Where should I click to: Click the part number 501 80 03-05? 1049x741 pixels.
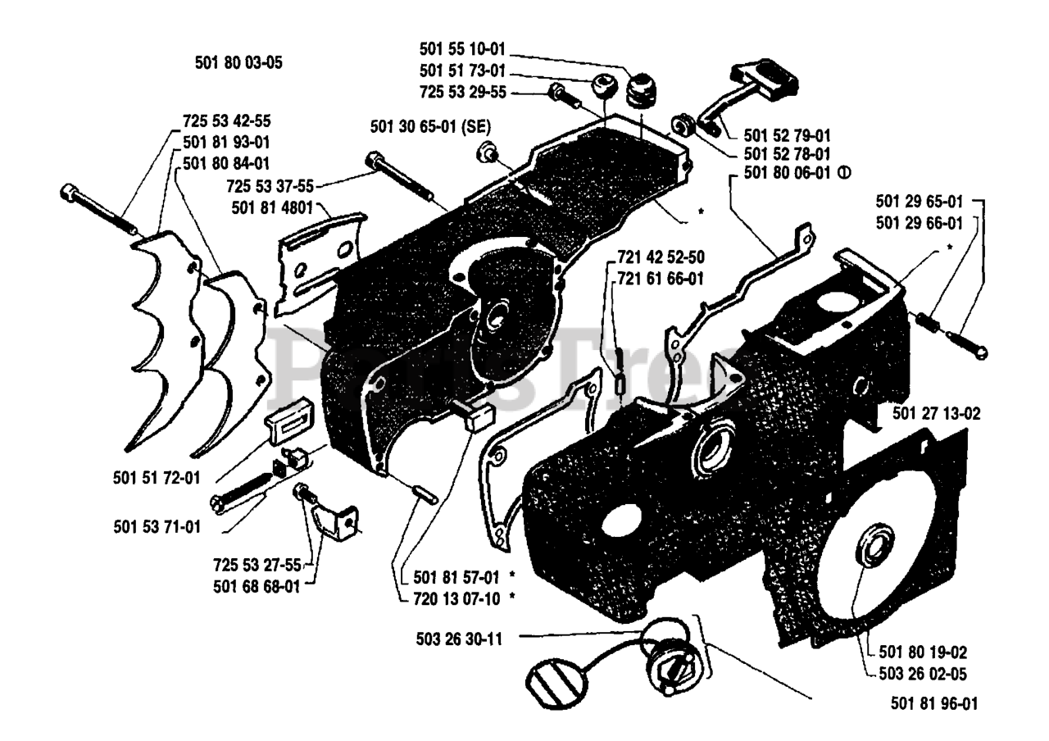coord(238,63)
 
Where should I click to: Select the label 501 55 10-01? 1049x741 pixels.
coord(462,48)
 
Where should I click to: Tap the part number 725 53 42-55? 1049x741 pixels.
coord(227,120)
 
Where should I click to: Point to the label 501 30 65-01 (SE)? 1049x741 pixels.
coord(430,126)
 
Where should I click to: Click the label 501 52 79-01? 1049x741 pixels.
coord(788,135)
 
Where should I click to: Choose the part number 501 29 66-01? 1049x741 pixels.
coord(920,223)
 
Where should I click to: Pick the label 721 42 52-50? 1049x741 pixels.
coord(661,257)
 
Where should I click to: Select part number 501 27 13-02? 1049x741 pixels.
coord(936,414)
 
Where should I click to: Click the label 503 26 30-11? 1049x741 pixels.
coord(459,639)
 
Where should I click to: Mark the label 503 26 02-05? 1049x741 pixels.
coord(923,674)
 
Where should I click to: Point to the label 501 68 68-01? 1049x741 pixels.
coord(257,586)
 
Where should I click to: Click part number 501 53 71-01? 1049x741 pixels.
coord(157,526)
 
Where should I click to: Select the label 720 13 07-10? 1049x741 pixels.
coord(456,598)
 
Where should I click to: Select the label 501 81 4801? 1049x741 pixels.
coord(272,207)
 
